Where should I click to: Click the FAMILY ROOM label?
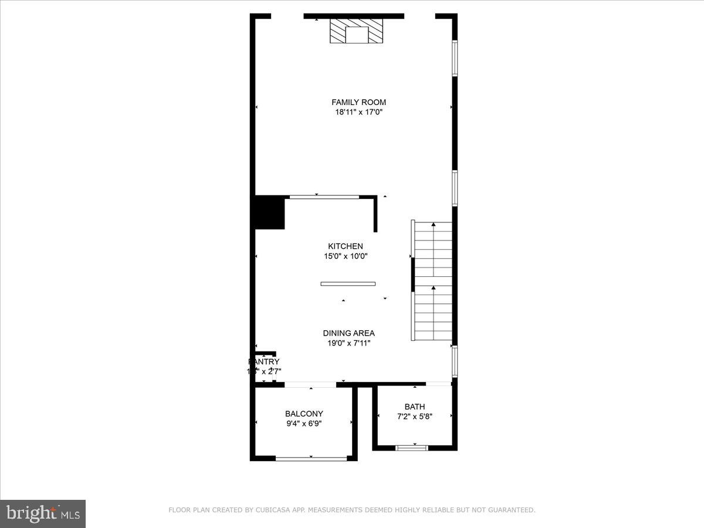(358, 102)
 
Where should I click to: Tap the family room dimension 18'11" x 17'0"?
(358, 112)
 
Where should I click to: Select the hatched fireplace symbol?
(356, 31)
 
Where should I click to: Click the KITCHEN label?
(345, 246)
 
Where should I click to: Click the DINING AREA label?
(348, 333)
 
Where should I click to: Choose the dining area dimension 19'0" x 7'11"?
(348, 343)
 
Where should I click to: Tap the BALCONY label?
(304, 414)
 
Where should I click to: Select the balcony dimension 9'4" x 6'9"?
(304, 424)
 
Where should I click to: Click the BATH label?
(414, 407)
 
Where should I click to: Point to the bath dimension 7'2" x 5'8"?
(414, 417)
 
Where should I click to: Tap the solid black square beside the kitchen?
(269, 213)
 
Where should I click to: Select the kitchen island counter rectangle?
(348, 284)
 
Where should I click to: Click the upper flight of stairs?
(434, 249)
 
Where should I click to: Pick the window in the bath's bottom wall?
(412, 448)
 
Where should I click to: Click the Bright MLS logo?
(43, 514)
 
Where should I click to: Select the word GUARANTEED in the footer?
(512, 510)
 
